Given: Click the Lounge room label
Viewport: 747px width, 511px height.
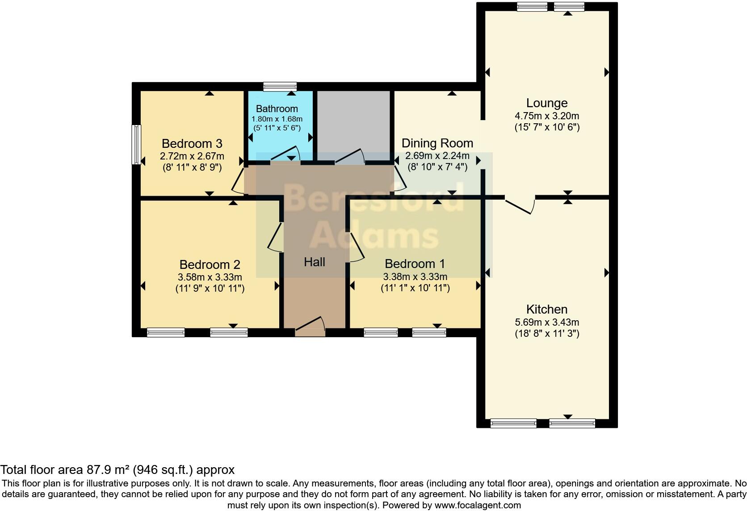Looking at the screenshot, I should tap(546, 103).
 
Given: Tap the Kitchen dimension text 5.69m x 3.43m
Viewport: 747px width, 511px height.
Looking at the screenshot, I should tap(546, 322).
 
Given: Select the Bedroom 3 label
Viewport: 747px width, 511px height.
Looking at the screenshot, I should tap(192, 144).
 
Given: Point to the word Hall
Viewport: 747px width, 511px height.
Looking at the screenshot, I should tap(314, 262).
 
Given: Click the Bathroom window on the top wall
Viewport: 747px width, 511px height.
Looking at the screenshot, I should tap(280, 86).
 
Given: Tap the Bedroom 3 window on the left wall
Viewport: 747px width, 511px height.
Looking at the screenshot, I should tap(136, 144).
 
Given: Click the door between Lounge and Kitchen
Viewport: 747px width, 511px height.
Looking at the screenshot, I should tap(520, 205).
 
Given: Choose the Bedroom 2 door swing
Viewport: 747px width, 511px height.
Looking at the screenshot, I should tap(275, 237).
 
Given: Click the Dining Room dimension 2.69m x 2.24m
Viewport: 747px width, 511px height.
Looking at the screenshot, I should tap(437, 156).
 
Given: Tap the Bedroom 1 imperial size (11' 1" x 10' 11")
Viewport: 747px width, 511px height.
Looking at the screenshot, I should tap(415, 288).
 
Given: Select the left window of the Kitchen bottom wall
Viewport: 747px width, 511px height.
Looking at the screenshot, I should tap(513, 423).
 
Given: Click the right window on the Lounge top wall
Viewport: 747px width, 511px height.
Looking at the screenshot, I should tap(569, 7).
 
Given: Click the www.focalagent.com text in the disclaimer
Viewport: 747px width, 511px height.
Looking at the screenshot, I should tap(478, 506).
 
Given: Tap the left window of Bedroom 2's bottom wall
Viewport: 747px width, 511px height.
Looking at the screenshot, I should tap(166, 332).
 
